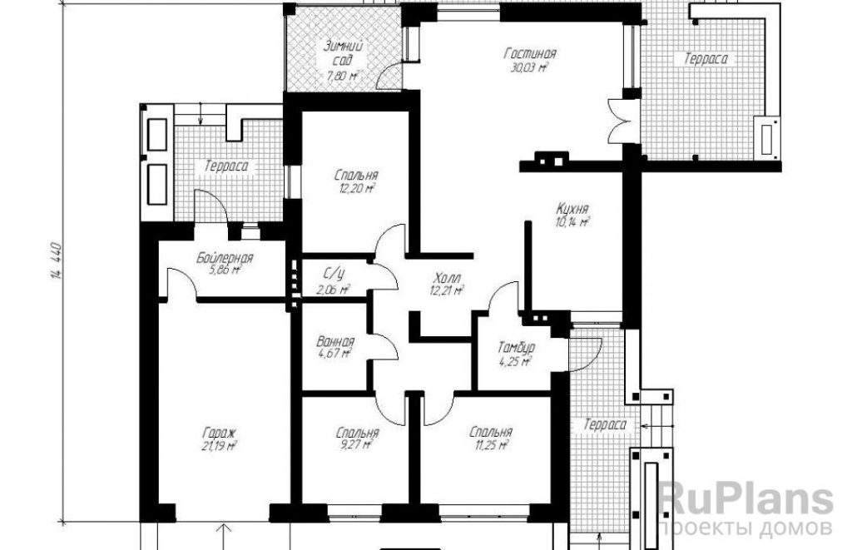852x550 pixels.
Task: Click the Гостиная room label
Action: coord(530,54)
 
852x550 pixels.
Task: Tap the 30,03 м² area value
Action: coord(528,67)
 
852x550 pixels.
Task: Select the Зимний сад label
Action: coord(343,53)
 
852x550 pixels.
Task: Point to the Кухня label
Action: coord(572,209)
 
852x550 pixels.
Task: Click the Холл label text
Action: coord(446,278)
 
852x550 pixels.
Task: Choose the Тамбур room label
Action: coord(516,347)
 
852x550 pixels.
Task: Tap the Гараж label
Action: coord(219,434)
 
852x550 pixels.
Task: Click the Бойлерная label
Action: coord(225,257)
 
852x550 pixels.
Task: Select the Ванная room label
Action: coord(334,342)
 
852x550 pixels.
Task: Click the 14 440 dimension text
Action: coord(57,260)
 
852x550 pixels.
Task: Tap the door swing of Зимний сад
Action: coord(389,76)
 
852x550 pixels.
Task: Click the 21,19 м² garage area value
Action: coord(219,446)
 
